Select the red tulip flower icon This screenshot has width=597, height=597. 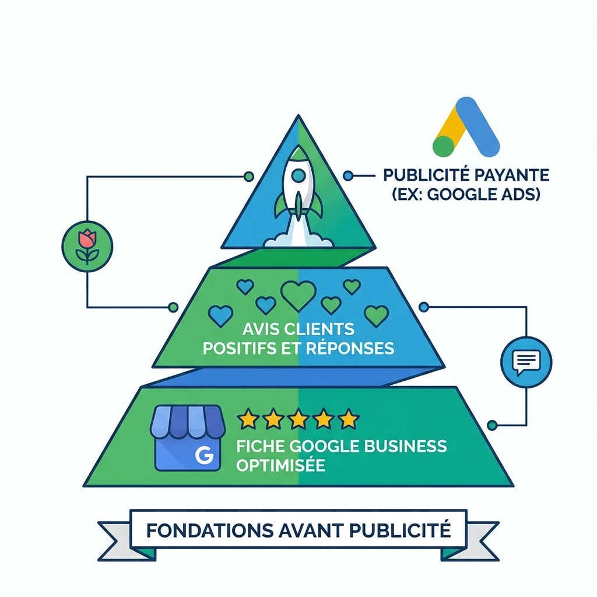tap(87, 244)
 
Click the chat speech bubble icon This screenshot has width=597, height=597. tap(526, 361)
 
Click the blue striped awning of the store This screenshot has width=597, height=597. tap(188, 422)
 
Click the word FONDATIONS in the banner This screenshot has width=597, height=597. tap(202, 531)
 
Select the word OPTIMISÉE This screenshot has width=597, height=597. tap(280, 466)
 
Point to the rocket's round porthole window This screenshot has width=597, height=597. tap(298, 174)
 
